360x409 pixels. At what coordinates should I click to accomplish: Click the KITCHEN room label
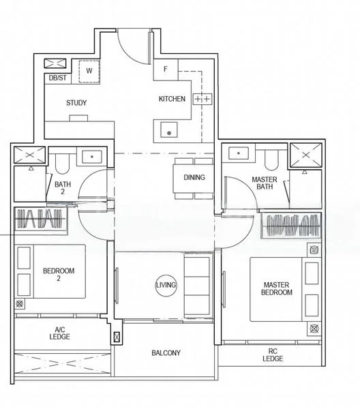click(172, 99)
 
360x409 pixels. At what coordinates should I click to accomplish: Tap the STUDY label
click(76, 103)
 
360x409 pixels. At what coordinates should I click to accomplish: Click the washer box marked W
click(89, 70)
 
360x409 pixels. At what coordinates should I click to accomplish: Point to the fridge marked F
click(165, 69)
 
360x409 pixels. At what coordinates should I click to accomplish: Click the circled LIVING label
click(166, 284)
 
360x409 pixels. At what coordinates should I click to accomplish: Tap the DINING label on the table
click(194, 177)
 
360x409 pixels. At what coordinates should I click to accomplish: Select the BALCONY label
click(166, 352)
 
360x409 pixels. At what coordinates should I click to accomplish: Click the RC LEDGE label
click(273, 354)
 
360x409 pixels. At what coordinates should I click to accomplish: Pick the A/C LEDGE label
click(60, 333)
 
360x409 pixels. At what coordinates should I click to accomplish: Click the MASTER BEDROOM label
click(276, 288)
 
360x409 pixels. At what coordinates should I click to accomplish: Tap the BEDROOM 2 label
click(59, 275)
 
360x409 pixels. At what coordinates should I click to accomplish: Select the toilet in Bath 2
click(62, 161)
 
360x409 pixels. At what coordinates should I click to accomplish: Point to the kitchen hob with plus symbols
click(202, 100)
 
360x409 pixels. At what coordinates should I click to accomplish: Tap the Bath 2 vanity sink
click(90, 156)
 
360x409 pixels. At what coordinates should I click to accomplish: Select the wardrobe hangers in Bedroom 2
click(41, 220)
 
